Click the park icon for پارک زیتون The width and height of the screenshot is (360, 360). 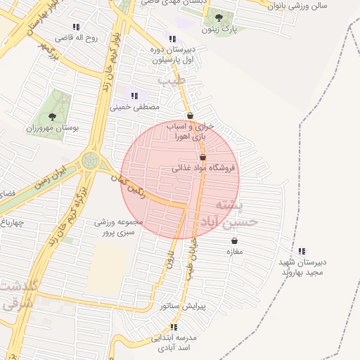pos(218,18)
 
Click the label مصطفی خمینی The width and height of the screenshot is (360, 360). pos(134,107)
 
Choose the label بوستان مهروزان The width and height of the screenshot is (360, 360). pos(52,129)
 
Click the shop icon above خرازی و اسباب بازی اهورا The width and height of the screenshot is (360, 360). pos(190,115)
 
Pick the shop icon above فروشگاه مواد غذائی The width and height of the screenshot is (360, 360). pos(203,157)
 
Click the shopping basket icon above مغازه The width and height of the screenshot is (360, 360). pos(234,240)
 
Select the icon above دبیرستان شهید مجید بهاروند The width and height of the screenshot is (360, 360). pos(302,251)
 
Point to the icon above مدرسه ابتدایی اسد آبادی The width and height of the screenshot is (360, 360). pos(174,327)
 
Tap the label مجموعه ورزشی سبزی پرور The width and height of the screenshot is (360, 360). pos(119,226)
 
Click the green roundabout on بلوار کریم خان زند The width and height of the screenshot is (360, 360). pos(90,160)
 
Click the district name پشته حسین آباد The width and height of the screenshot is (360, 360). pos(236,214)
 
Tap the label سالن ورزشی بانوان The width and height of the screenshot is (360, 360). pos(314,6)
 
